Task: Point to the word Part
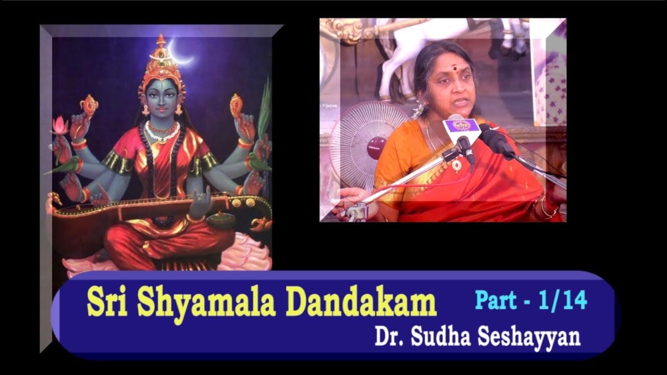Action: (x=496, y=301)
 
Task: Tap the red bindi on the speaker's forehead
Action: (x=448, y=69)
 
